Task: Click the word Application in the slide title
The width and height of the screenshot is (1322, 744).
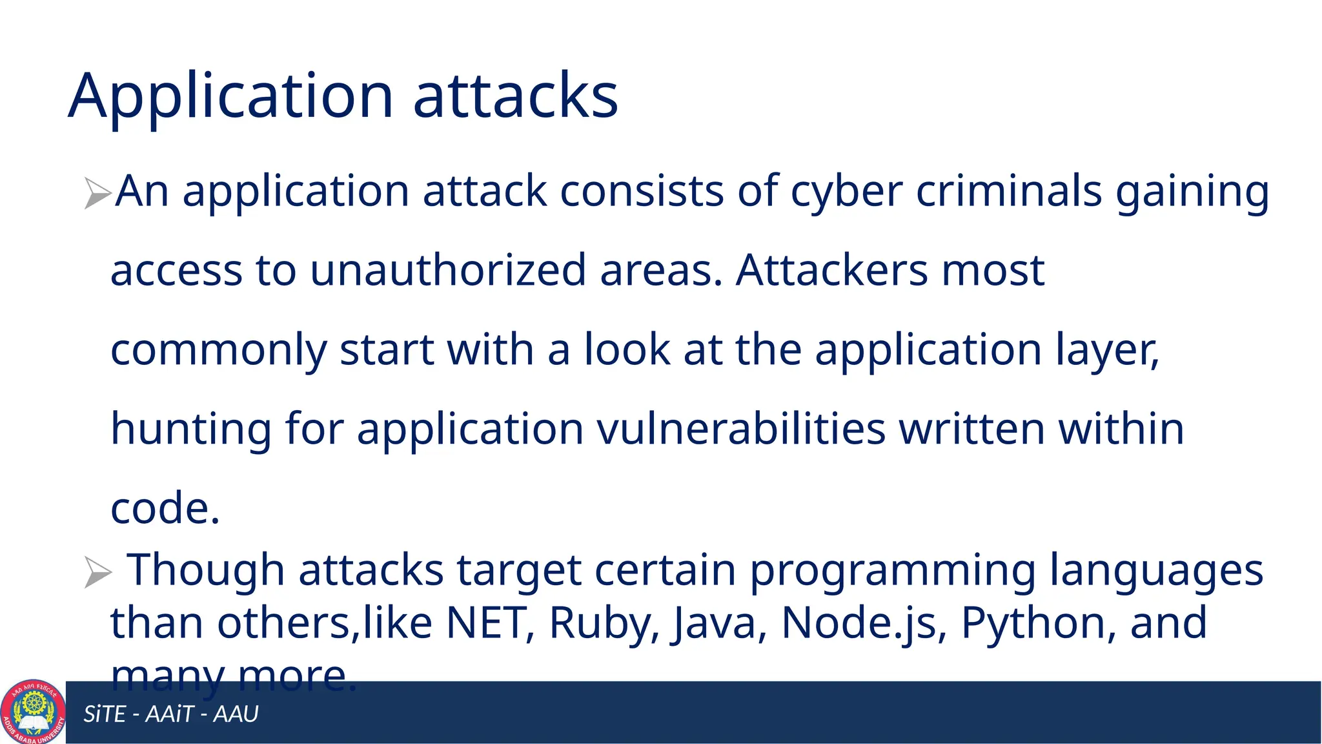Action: pyautogui.click(x=230, y=97)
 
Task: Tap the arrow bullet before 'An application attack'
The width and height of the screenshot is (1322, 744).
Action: pyautogui.click(x=97, y=193)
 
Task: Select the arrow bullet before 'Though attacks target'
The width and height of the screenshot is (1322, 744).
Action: pyautogui.click(x=97, y=572)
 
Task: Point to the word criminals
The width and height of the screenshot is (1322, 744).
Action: pyautogui.click(x=1008, y=191)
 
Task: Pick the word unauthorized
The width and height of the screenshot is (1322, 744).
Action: pyautogui.click(x=448, y=270)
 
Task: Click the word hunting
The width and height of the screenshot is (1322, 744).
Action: pyautogui.click(x=191, y=429)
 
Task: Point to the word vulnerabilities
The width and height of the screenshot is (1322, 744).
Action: pyautogui.click(x=741, y=429)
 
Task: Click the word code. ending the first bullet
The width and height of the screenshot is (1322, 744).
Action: pyautogui.click(x=165, y=508)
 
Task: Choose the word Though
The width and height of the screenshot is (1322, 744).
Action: pyautogui.click(x=205, y=570)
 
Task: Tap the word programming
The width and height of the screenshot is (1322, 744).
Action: pyautogui.click(x=892, y=570)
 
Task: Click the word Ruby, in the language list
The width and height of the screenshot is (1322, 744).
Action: pyautogui.click(x=604, y=623)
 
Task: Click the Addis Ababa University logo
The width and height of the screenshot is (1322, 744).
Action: pyautogui.click(x=33, y=712)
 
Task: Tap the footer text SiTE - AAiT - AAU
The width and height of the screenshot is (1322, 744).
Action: pyautogui.click(x=171, y=714)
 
